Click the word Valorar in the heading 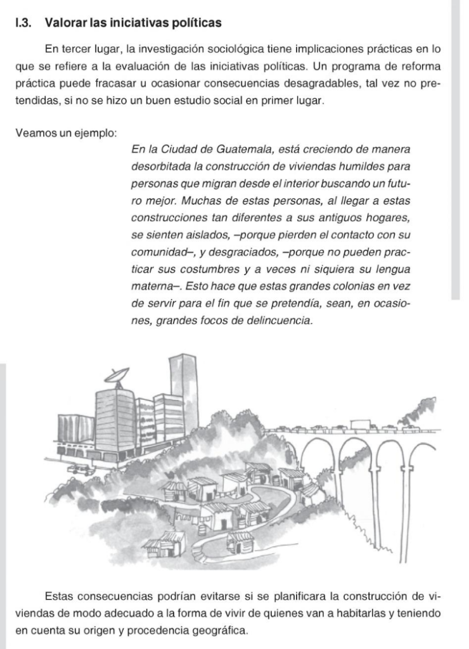(x=67, y=23)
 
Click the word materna (x=151, y=286)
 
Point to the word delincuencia (x=280, y=320)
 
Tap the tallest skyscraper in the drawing (x=183, y=390)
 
